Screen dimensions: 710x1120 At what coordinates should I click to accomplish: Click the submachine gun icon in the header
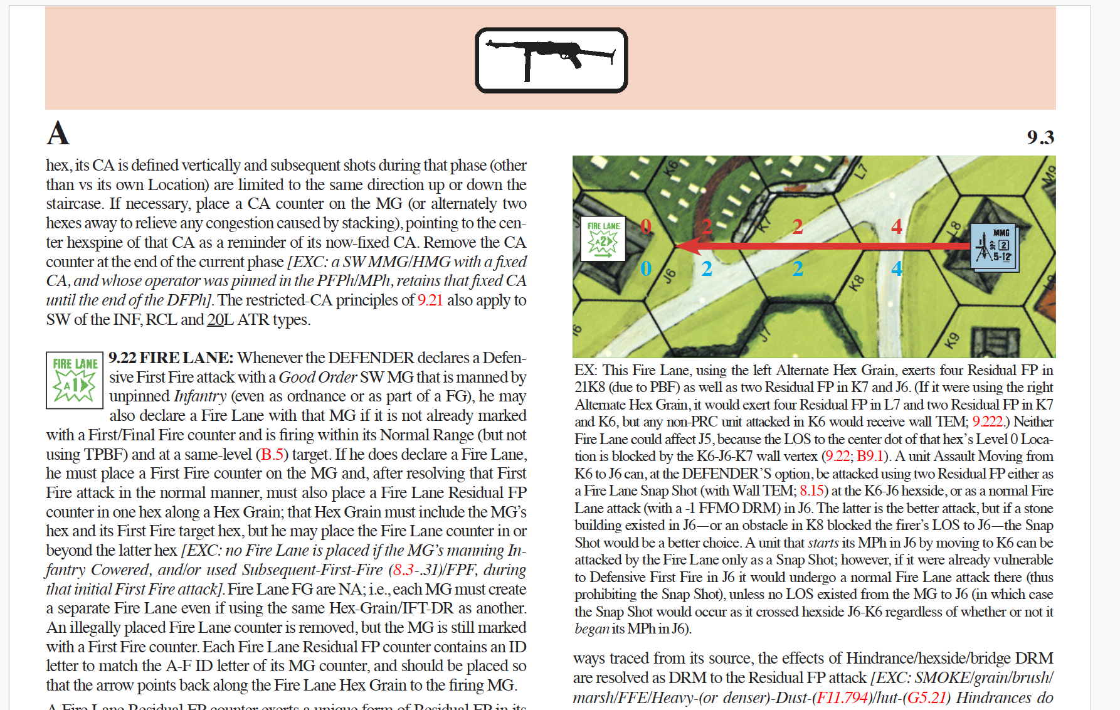551,60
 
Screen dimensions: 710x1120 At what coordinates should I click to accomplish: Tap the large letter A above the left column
58,133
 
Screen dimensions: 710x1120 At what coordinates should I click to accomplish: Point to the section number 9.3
1040,137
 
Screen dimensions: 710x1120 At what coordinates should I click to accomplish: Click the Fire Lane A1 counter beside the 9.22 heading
75,380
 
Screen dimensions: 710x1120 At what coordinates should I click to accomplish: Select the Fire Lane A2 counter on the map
603,239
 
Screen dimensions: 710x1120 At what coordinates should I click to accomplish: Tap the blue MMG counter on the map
994,248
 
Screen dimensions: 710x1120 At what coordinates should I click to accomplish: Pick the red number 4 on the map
897,226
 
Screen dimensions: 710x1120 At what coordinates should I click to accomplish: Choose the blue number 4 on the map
897,268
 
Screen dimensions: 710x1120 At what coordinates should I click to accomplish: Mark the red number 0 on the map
646,226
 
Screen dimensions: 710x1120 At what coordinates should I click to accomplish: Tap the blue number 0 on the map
646,268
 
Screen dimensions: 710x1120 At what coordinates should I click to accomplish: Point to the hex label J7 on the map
764,333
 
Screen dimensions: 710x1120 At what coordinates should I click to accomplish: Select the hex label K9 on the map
951,341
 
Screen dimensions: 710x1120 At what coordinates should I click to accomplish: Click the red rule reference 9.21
430,300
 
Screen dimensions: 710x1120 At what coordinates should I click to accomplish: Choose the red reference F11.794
842,697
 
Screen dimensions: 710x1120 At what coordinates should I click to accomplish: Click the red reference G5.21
926,697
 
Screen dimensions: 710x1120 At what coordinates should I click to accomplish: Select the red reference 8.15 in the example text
811,490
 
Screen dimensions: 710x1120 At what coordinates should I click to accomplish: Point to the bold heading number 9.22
122,358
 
